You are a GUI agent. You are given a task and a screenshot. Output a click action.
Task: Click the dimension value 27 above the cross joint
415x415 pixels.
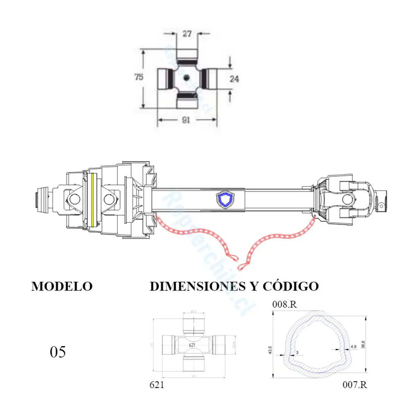pyautogui.click(x=187, y=34)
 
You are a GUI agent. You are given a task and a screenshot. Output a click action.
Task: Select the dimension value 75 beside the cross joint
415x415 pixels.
pyautogui.click(x=139, y=77)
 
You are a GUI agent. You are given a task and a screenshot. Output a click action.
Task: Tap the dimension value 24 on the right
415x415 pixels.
pyautogui.click(x=234, y=79)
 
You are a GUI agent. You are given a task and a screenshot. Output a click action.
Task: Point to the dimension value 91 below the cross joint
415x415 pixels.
pyautogui.click(x=186, y=120)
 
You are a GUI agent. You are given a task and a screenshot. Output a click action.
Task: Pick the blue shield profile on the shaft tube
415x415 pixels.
pyautogui.click(x=225, y=200)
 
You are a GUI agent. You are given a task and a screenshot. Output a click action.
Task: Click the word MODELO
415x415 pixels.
pyautogui.click(x=62, y=286)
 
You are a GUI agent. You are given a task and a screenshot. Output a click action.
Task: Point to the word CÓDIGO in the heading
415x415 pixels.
pyautogui.click(x=290, y=286)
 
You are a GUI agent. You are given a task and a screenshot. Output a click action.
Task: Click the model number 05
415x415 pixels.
pyautogui.click(x=58, y=352)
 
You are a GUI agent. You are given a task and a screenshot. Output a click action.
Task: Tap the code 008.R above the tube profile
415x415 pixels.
pyautogui.click(x=284, y=304)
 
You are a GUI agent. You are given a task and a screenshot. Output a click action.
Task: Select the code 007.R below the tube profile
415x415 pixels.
pyautogui.click(x=354, y=385)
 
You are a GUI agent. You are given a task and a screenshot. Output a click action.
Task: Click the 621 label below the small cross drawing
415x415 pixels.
pyautogui.click(x=157, y=385)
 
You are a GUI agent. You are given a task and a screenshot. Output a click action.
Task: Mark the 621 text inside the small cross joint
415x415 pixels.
pyautogui.click(x=192, y=345)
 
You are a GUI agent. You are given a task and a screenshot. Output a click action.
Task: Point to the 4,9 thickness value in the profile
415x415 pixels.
pyautogui.click(x=353, y=347)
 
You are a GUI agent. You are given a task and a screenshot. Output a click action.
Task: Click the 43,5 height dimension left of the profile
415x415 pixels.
pyautogui.click(x=270, y=350)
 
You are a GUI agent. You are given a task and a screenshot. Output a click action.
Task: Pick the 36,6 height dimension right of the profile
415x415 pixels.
pyautogui.click(x=363, y=344)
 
